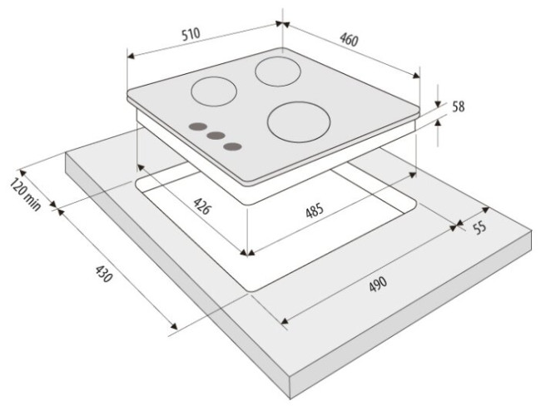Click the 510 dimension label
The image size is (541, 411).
(191, 34)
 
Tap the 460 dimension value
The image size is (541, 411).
(350, 39)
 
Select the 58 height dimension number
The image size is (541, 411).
(459, 106)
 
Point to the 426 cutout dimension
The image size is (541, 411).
(201, 205)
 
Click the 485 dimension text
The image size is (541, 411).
(315, 210)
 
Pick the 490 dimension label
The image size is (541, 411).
(378, 285)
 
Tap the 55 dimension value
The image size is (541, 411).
(479, 228)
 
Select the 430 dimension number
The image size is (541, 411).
(103, 274)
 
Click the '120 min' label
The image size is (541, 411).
(25, 194)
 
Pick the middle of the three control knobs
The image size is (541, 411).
(216, 136)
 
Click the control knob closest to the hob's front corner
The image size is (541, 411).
(232, 146)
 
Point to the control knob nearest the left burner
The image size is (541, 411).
(198, 126)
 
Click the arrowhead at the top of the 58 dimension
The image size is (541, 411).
(438, 104)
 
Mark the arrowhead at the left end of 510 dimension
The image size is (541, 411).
(131, 56)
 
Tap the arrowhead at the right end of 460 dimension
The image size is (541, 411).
(416, 75)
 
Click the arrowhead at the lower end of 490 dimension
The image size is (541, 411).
(285, 322)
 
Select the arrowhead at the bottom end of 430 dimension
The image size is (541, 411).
(174, 325)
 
